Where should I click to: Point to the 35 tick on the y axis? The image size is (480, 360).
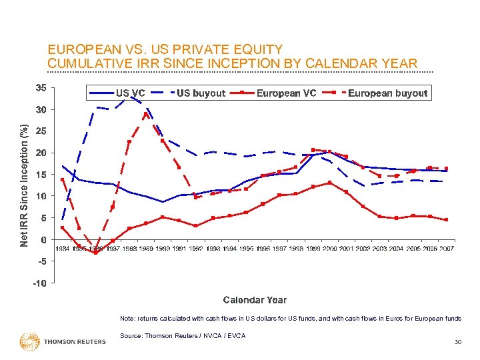(x=41, y=87)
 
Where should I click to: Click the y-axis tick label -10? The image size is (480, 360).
(x=40, y=283)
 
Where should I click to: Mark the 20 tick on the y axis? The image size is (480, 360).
(x=41, y=153)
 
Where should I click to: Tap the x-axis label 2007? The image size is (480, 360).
(x=447, y=249)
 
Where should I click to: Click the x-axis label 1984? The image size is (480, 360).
(x=62, y=249)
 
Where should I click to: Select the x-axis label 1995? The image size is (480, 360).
(x=246, y=249)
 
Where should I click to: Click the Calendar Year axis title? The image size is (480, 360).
(x=255, y=300)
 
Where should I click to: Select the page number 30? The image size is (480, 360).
(x=457, y=342)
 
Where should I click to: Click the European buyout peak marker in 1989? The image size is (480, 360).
(x=146, y=114)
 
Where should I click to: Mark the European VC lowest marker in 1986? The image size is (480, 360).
(x=96, y=253)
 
